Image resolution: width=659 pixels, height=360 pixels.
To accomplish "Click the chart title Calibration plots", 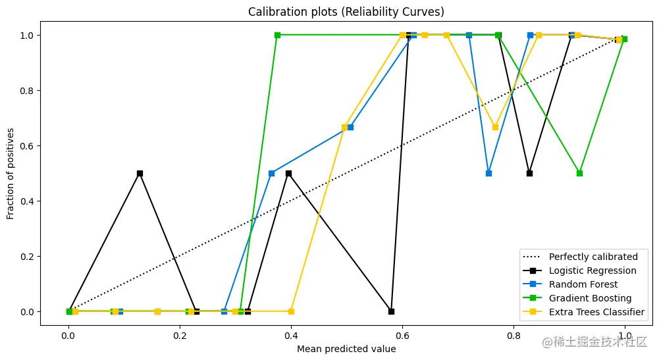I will coord(346,13).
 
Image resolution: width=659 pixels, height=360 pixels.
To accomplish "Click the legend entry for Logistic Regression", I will coord(593,270).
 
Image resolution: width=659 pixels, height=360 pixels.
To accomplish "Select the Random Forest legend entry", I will coord(583,284).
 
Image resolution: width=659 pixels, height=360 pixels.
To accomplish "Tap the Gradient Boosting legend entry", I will coord(590,298).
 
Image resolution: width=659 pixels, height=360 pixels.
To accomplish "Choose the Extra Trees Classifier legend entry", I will coord(596,312).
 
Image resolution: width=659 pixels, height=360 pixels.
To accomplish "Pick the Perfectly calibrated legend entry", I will coord(593,257).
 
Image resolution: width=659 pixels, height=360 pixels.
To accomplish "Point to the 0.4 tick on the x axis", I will coord(291,335).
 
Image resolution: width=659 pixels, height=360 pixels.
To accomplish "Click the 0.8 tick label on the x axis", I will coord(513,335).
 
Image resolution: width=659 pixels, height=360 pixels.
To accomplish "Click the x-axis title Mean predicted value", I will coord(346,349).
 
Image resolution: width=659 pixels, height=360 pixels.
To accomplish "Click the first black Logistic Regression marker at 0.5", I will coord(140,173).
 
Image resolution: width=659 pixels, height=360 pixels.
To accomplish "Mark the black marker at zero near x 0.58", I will coord(391,311).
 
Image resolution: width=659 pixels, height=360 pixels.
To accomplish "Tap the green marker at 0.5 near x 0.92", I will coord(579,173).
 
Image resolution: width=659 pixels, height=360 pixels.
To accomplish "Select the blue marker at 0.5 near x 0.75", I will coord(488,173).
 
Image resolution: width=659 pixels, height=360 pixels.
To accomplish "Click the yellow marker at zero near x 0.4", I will coord(291,311).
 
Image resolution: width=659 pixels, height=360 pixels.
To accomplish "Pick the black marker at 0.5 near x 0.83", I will coord(529,173).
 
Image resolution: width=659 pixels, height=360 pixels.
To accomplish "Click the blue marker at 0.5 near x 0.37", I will coord(271,173).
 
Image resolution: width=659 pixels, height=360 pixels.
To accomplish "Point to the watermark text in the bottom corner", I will coord(594,342).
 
